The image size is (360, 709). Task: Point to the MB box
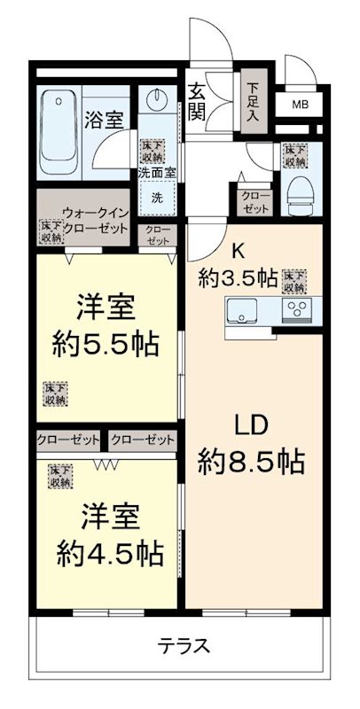pyautogui.click(x=301, y=105)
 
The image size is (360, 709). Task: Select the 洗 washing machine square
pyautogui.click(x=157, y=195)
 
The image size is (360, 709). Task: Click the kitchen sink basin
pyautogui.click(x=243, y=311)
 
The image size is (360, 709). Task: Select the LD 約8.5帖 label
pyautogui.click(x=251, y=443)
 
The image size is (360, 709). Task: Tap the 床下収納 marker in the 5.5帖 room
pyautogui.click(x=55, y=393)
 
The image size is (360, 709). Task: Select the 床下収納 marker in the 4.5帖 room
pyautogui.click(x=60, y=476)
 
